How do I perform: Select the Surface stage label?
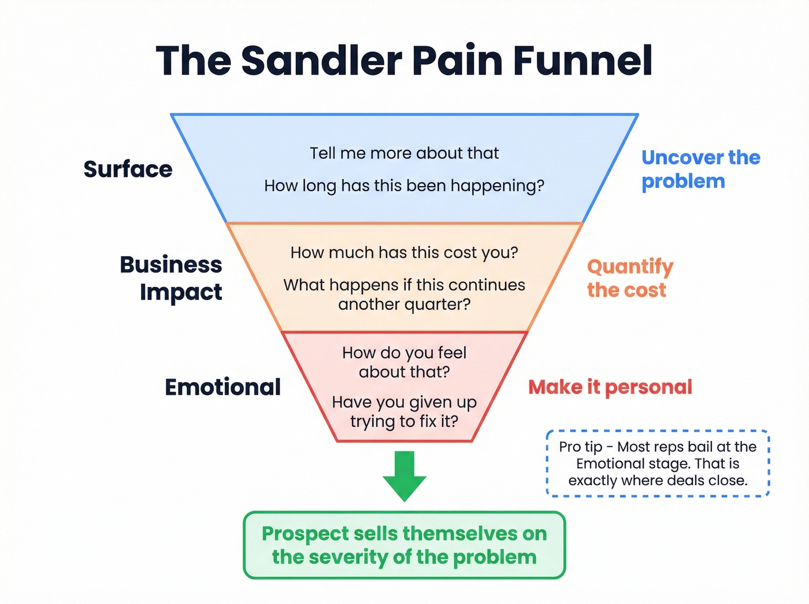pyautogui.click(x=128, y=169)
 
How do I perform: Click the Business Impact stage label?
pyautogui.click(x=172, y=278)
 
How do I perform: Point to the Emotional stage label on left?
pyautogui.click(x=222, y=387)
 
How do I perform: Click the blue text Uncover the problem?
pyautogui.click(x=700, y=169)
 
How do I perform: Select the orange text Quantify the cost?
pyautogui.click(x=629, y=278)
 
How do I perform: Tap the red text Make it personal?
pyautogui.click(x=610, y=387)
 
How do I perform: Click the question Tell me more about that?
pyautogui.click(x=404, y=153)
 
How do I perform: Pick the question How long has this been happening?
pyautogui.click(x=404, y=186)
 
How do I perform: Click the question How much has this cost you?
pyautogui.click(x=404, y=253)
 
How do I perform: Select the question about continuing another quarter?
pyautogui.click(x=404, y=294)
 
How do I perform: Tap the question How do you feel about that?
pyautogui.click(x=404, y=362)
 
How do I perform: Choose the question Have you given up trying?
pyautogui.click(x=404, y=412)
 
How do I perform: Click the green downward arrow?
pyautogui.click(x=404, y=474)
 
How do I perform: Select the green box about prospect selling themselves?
pyautogui.click(x=404, y=545)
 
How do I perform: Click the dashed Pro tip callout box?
pyautogui.click(x=658, y=464)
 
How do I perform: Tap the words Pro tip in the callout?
pyautogui.click(x=580, y=447)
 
